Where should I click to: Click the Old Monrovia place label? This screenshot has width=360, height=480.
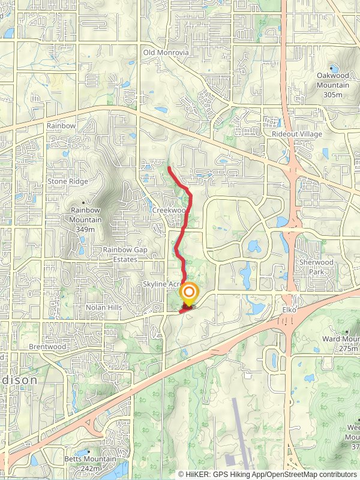click(166, 53)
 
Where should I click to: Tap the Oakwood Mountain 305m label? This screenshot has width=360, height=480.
click(332, 85)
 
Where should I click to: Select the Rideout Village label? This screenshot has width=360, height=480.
click(296, 134)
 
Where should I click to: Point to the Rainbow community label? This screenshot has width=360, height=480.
click(61, 126)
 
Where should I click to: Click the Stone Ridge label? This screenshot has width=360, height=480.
click(68, 181)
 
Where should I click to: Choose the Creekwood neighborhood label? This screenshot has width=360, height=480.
click(168, 211)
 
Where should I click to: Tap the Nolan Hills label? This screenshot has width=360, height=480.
click(104, 307)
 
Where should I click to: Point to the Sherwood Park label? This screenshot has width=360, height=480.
click(316, 267)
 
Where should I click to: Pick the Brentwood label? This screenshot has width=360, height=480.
click(47, 347)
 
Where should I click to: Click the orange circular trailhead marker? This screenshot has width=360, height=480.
click(188, 293)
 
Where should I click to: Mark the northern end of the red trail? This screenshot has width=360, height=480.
click(169, 167)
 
